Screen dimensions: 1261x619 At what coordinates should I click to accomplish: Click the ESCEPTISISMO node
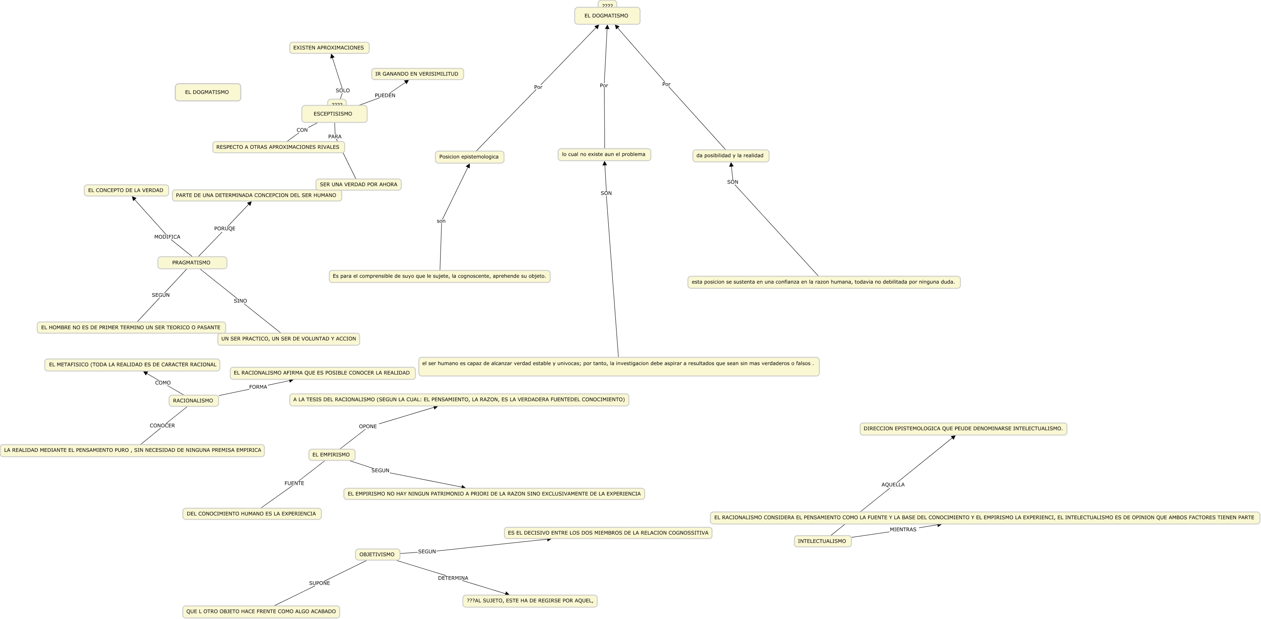(x=334, y=114)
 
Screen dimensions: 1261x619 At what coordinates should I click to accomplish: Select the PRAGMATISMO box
(x=192, y=263)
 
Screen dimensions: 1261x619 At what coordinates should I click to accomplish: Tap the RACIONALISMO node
(x=193, y=401)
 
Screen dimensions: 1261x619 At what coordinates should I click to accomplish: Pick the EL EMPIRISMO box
(x=332, y=455)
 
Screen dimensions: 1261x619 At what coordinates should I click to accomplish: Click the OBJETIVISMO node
(x=377, y=555)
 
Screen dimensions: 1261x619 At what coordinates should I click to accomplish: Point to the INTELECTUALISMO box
(x=822, y=541)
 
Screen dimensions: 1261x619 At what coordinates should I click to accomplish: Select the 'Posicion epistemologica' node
(x=469, y=157)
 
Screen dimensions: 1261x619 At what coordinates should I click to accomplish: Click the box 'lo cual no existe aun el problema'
(x=604, y=155)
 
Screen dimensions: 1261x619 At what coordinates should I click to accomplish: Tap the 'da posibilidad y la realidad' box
(x=731, y=155)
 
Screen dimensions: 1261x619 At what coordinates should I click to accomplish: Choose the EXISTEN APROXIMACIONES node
(x=329, y=48)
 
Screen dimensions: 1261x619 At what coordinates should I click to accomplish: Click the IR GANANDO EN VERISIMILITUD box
(x=417, y=74)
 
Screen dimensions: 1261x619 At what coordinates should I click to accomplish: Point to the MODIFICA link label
(x=167, y=237)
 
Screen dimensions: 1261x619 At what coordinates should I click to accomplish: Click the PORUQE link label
(x=225, y=229)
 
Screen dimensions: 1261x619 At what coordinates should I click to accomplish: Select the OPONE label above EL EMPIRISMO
(x=368, y=426)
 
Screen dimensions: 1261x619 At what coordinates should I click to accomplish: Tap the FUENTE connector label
(x=294, y=483)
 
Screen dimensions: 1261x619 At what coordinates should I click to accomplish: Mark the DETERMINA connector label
(x=453, y=578)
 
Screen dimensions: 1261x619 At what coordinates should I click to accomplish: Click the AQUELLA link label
(x=893, y=484)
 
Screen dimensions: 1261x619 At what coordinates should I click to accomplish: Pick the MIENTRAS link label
(x=903, y=530)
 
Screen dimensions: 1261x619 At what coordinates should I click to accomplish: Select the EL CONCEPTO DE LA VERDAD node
(x=126, y=190)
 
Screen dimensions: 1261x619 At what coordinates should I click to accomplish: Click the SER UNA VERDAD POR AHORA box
(x=358, y=185)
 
